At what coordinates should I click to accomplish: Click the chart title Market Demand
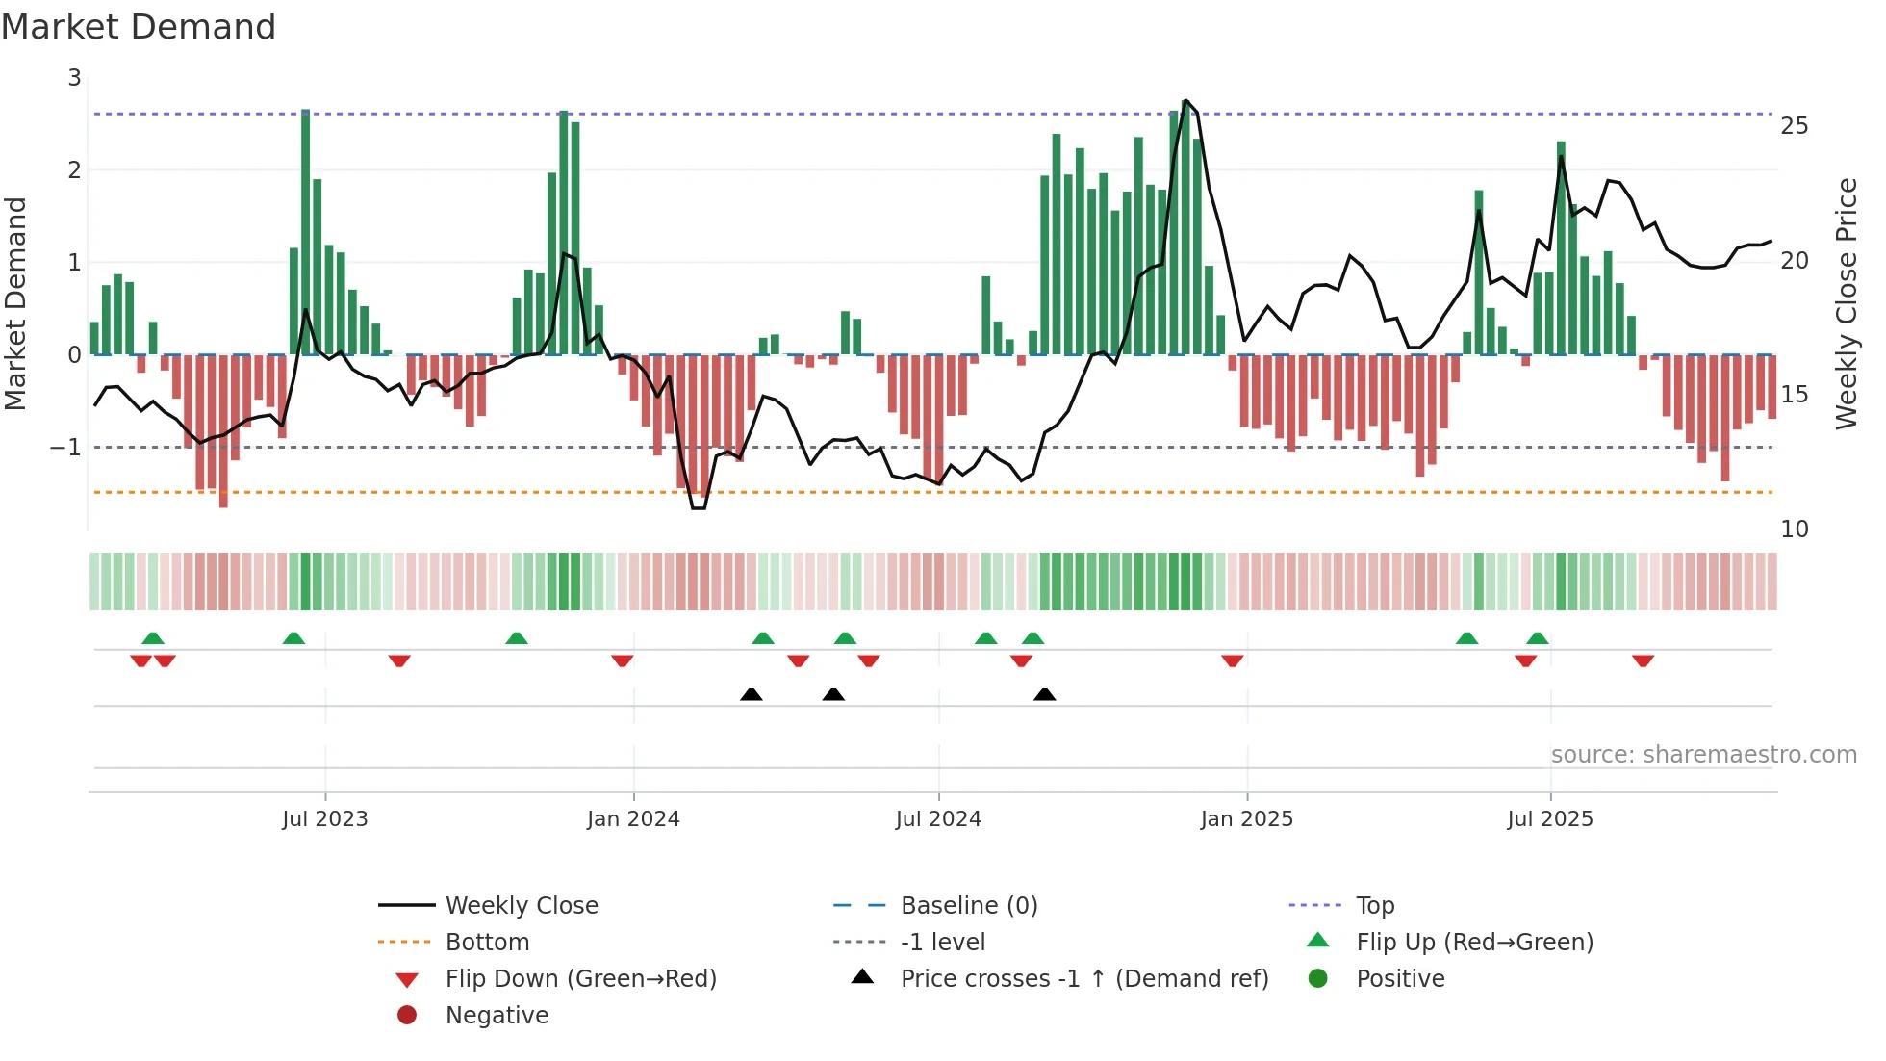[x=139, y=27]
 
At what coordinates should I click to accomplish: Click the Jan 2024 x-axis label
[x=633, y=819]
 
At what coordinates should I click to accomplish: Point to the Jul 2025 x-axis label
[x=1549, y=819]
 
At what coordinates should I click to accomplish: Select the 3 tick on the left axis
[x=74, y=78]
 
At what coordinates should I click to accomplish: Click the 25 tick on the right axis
[x=1794, y=126]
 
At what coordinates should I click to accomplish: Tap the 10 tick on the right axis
[x=1794, y=529]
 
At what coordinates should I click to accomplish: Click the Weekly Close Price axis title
[x=1846, y=303]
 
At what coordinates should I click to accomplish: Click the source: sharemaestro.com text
[x=1703, y=754]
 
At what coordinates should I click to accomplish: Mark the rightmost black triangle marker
[x=1044, y=694]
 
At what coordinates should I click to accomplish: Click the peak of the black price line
[x=1185, y=100]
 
